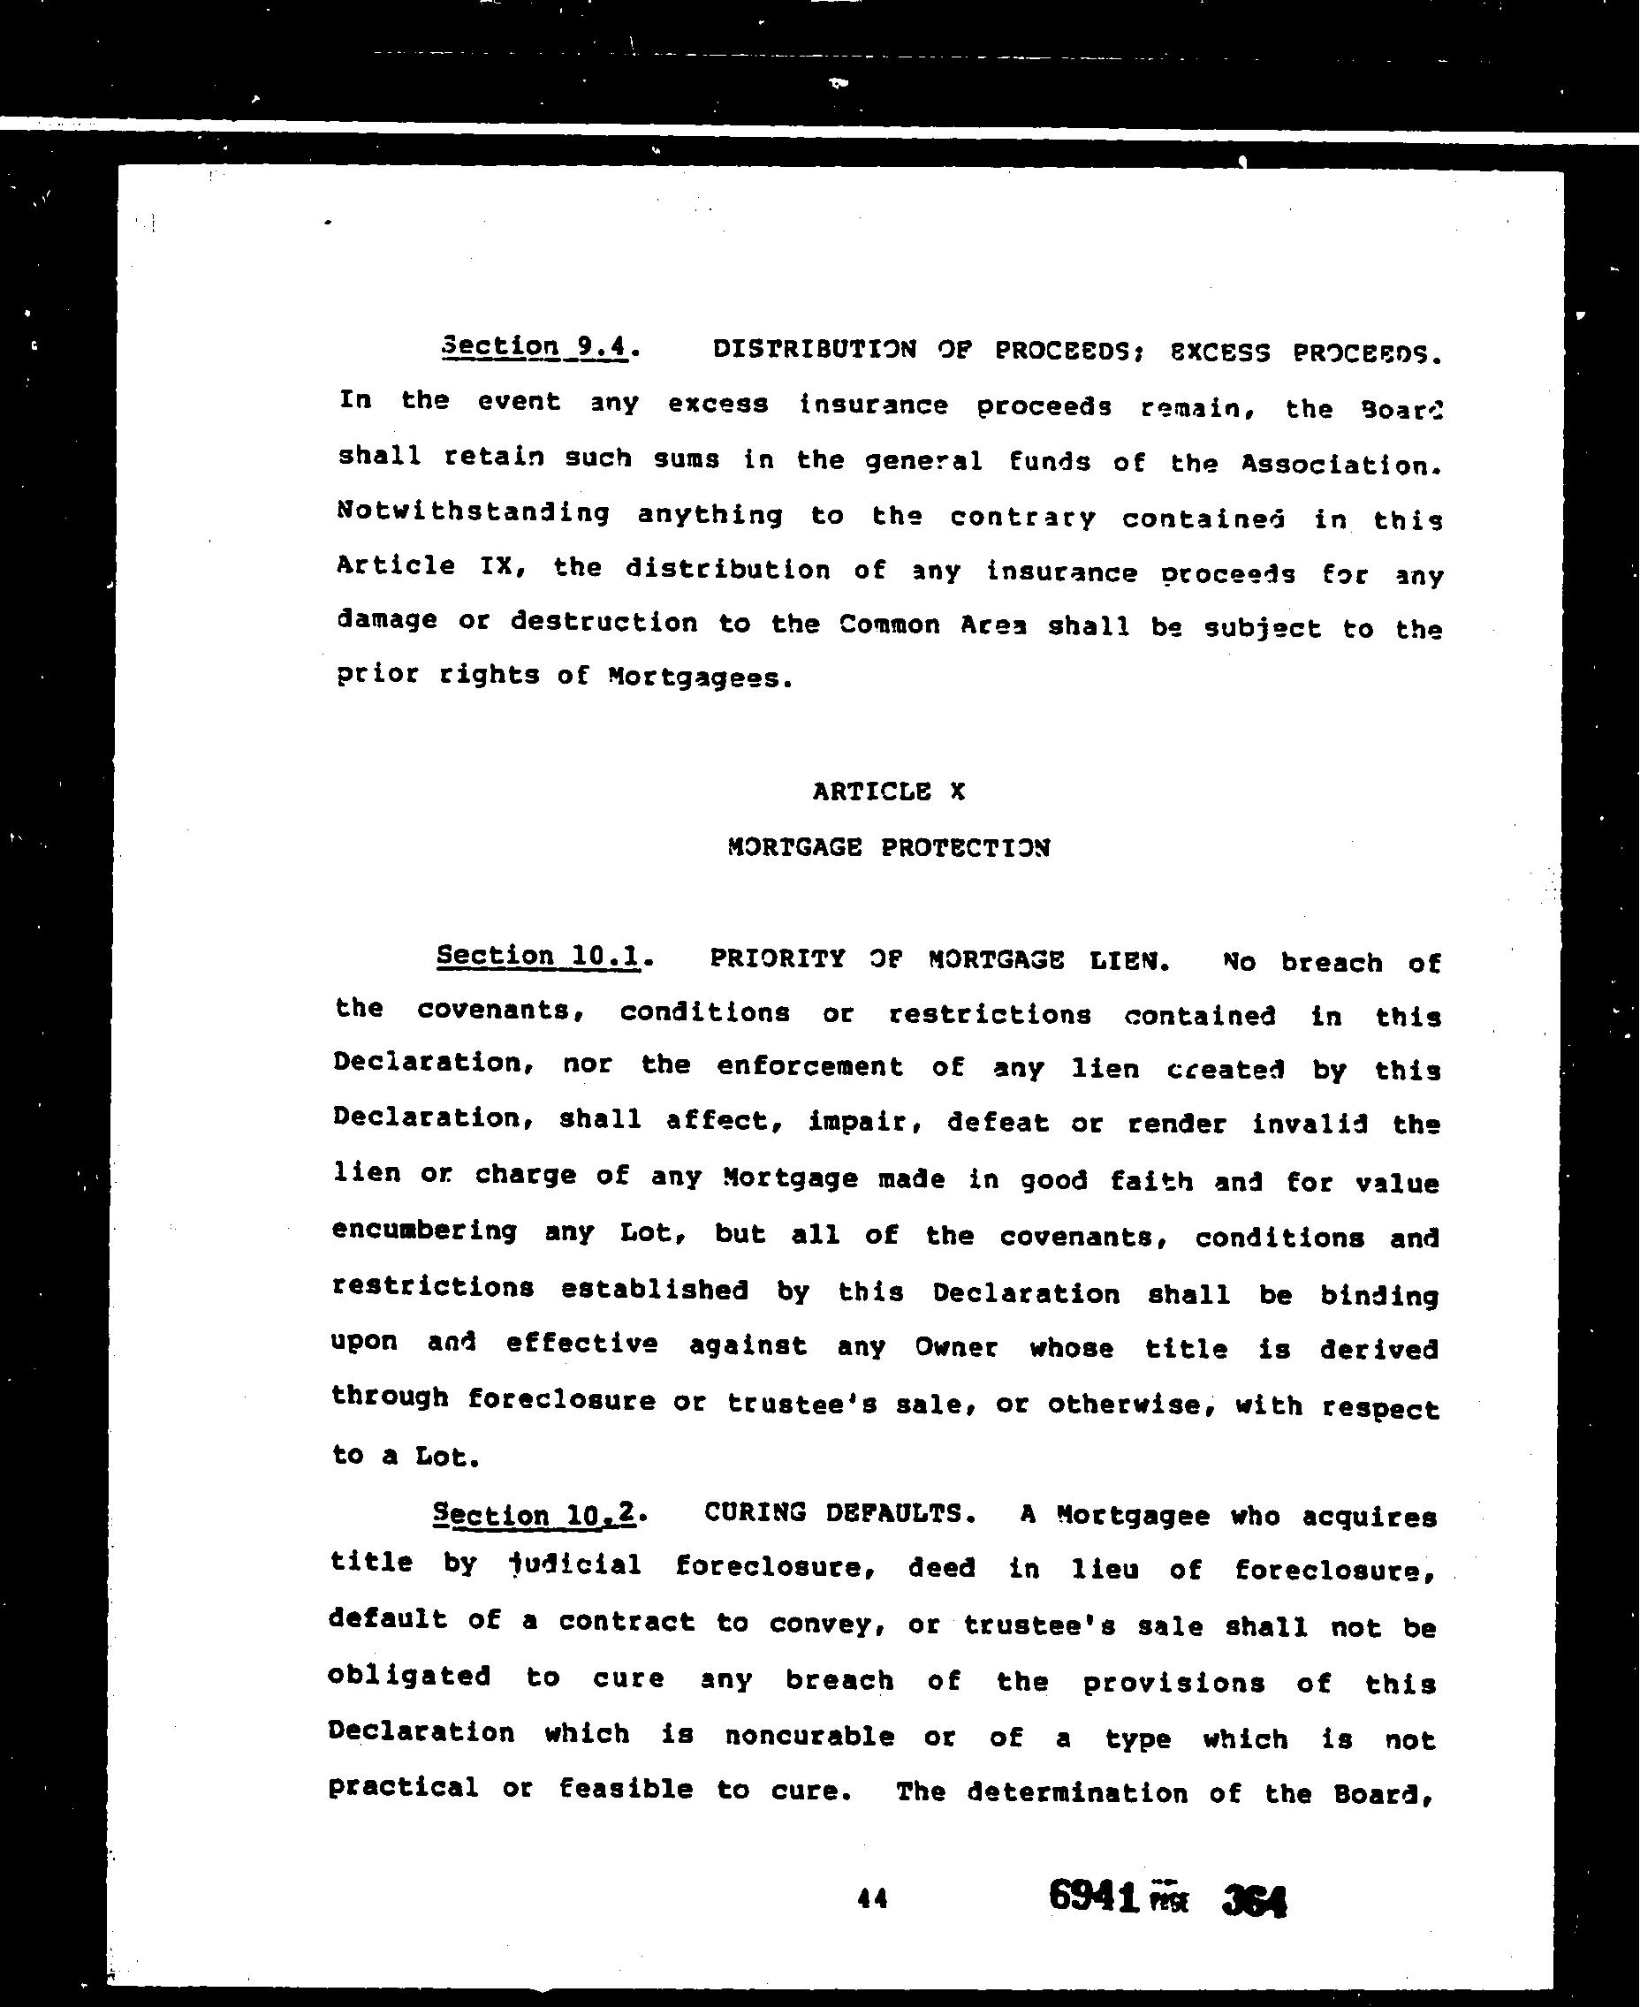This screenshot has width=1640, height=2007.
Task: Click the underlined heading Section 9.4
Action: [535, 346]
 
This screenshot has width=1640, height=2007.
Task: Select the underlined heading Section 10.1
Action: [539, 956]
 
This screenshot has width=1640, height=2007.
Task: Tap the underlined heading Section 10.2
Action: [535, 1515]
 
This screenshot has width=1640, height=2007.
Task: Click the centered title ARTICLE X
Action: [888, 791]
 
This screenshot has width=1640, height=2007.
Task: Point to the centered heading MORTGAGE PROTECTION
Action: [888, 846]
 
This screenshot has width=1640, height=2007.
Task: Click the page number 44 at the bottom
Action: [872, 1898]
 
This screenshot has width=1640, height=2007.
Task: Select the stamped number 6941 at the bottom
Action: [1093, 1894]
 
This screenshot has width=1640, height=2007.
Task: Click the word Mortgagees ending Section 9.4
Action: [695, 678]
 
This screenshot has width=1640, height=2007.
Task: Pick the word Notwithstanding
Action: [474, 513]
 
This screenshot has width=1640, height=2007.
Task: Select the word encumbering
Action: [424, 1231]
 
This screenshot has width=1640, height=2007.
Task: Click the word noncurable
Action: [809, 1736]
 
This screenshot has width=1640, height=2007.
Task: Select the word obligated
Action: [409, 1677]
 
